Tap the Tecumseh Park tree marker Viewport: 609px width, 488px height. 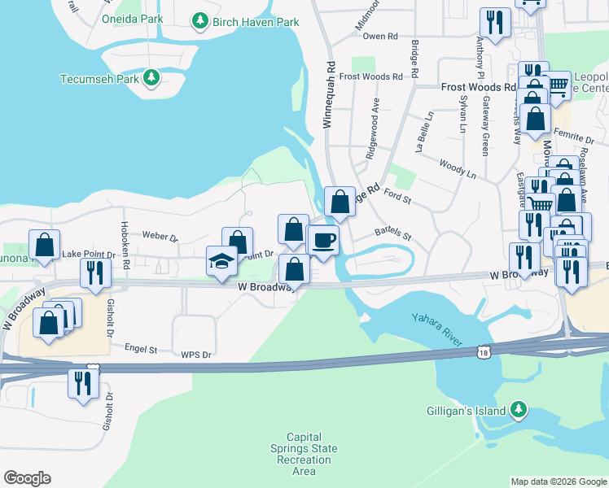tap(151, 78)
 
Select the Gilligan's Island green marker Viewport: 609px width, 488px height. tap(517, 411)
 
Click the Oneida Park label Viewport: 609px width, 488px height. tap(133, 18)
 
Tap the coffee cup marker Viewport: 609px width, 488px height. tap(324, 241)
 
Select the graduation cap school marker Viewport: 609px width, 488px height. tap(221, 261)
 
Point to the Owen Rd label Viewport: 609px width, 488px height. tap(379, 37)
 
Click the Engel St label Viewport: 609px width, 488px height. tap(141, 348)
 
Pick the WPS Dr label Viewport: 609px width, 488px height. tap(195, 355)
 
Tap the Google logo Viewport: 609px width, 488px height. tap(27, 478)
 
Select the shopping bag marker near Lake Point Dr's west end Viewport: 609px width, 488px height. tap(44, 244)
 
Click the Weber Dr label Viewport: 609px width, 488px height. tap(160, 237)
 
